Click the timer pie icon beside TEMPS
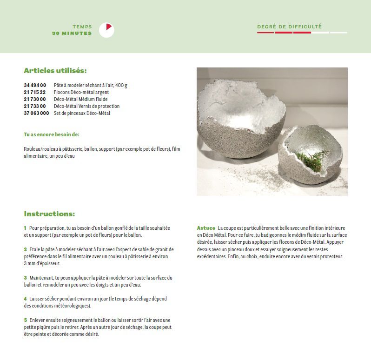(106, 30)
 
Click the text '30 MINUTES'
(72, 33)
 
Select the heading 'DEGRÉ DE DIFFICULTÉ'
(289, 27)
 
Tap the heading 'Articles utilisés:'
(55, 71)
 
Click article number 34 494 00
(35, 86)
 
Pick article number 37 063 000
(36, 113)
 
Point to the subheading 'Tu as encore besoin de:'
(52, 134)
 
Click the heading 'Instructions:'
(49, 214)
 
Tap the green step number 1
(25, 228)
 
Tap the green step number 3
(25, 278)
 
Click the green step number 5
(25, 320)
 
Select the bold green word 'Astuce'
(206, 228)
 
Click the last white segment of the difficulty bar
(339, 33)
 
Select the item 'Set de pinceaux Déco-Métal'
(82, 113)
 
